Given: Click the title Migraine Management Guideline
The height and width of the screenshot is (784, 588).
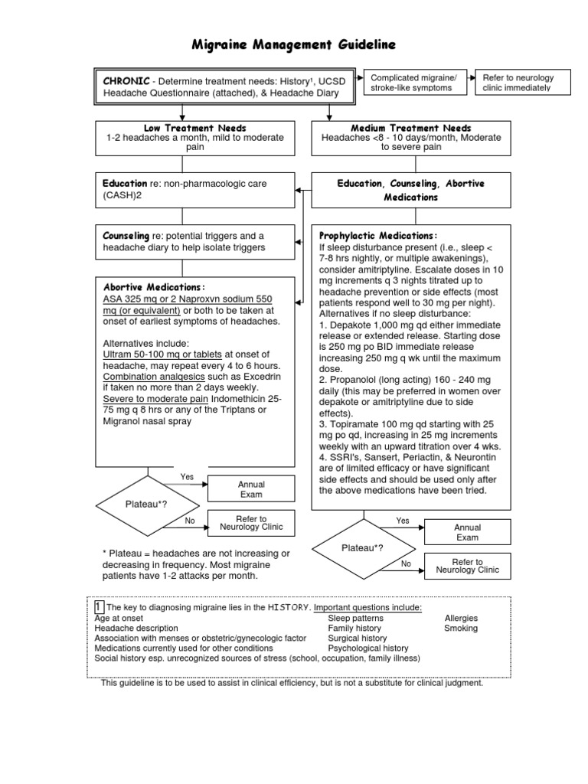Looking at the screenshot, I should click(x=293, y=46).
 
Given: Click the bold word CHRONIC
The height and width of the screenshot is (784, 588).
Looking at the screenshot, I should click(x=127, y=80).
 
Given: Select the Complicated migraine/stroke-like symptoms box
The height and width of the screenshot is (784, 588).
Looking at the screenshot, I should click(x=413, y=83).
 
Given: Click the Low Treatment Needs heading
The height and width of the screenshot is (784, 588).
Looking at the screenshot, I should click(x=194, y=128).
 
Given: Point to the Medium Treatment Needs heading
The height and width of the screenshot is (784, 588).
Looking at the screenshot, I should click(x=410, y=128).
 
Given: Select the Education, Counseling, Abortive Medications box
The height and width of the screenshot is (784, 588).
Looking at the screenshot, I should click(x=410, y=190).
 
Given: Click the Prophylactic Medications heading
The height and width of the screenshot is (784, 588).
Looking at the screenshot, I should click(x=377, y=235).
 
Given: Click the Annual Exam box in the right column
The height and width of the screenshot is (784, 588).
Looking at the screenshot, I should click(x=467, y=532).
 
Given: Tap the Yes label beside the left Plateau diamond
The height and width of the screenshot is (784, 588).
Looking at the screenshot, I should click(x=187, y=477).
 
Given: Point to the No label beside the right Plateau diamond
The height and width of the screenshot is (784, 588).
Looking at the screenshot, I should click(x=407, y=563).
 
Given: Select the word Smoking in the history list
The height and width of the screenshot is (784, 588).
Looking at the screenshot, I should click(x=460, y=628).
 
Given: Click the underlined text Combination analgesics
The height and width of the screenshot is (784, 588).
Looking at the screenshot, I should click(x=144, y=377).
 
